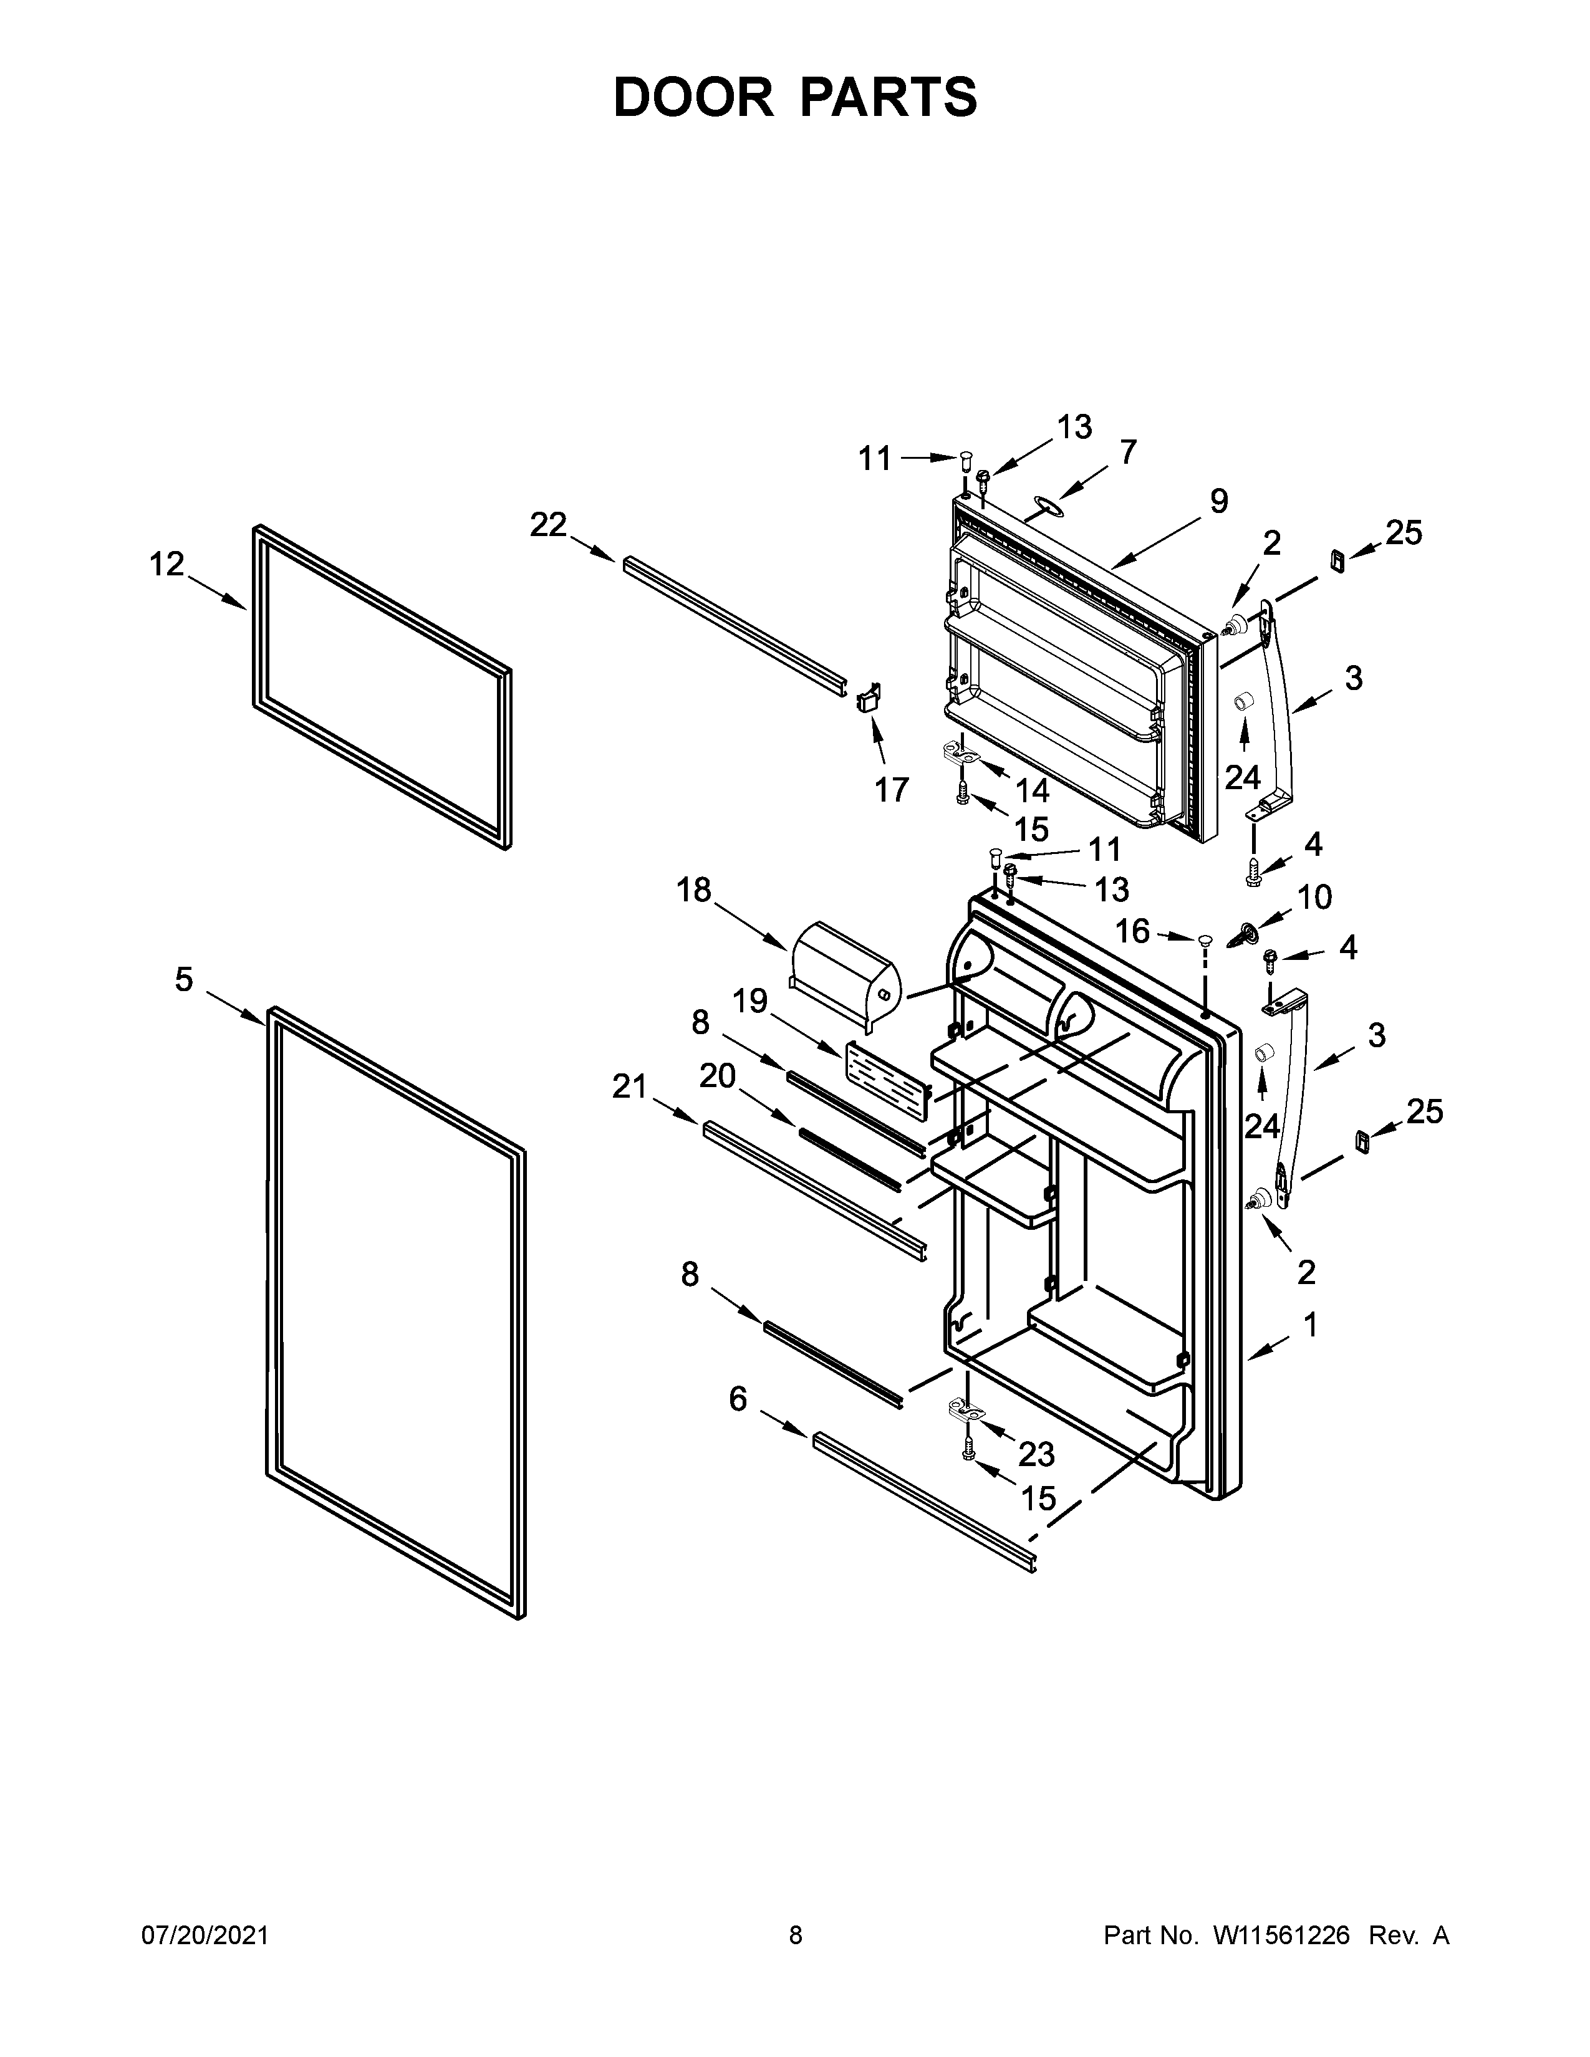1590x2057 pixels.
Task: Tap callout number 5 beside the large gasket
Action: click(184, 979)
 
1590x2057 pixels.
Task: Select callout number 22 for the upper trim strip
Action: click(548, 525)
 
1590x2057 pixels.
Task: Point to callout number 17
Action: click(891, 789)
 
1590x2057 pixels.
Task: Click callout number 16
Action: click(1132, 931)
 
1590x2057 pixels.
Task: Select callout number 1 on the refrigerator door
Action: click(1309, 1325)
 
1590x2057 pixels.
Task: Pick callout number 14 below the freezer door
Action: click(1033, 789)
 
